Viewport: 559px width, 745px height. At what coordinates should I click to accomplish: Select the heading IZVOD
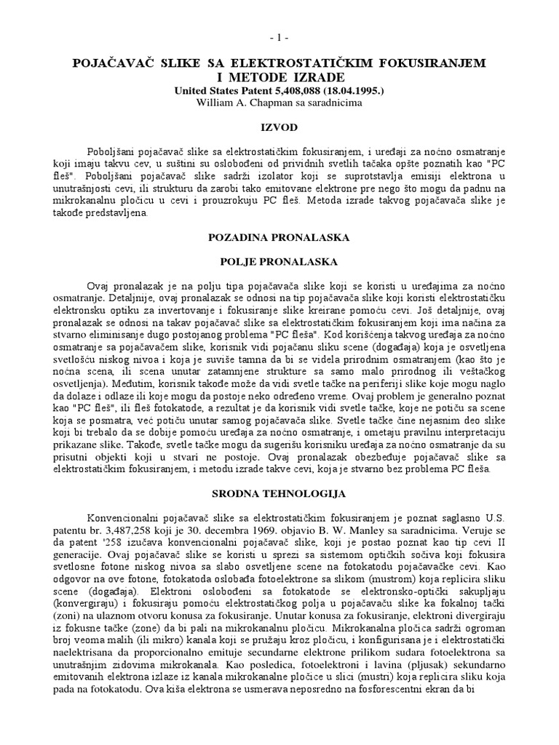coord(279,127)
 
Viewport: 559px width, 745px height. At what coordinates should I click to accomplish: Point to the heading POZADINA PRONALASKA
coord(279,237)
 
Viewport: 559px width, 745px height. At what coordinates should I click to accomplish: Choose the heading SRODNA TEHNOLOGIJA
coord(279,493)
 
